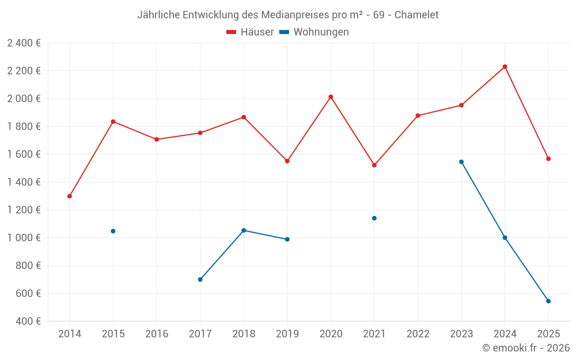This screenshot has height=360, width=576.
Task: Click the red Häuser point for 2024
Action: pos(505,67)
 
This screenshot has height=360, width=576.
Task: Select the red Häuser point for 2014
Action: pos(70,196)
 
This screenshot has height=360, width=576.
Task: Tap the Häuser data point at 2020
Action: pos(331,97)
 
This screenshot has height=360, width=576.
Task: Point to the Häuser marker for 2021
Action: pos(374,165)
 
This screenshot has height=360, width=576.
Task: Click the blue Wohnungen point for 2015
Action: pos(113,231)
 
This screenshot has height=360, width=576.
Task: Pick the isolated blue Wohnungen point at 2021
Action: pos(374,218)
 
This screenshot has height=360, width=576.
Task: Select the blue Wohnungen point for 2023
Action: pos(461,162)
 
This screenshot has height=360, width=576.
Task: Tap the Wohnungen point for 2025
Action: pos(548,301)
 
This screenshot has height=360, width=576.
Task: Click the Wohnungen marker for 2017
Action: pos(200,279)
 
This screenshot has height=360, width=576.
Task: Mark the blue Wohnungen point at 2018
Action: pos(244,230)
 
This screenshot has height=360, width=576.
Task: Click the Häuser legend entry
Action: pos(250,32)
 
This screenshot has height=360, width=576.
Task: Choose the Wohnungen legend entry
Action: pos(314,32)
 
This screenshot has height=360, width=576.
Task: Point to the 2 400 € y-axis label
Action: pos(24,43)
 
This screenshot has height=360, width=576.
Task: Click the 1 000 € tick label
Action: pos(24,238)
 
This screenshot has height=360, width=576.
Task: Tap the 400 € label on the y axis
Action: pos(28,321)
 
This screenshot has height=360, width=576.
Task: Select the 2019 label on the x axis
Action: pos(287,334)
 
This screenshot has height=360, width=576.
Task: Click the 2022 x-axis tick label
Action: pos(418,334)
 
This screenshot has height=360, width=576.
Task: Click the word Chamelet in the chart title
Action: pos(416,14)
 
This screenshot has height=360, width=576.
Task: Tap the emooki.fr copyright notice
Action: pos(526,348)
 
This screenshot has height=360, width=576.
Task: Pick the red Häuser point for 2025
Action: pos(548,159)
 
